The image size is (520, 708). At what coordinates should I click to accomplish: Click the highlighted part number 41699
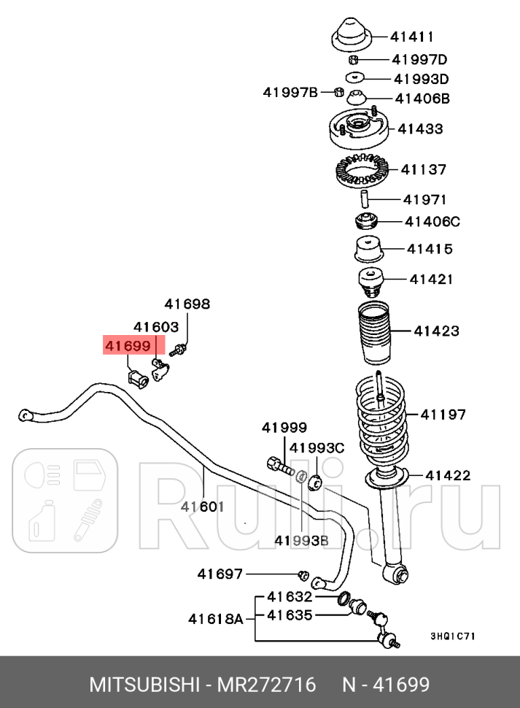tap(128, 345)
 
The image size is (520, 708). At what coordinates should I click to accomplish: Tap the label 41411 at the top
tap(412, 36)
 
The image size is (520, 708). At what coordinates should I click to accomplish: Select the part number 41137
tap(423, 169)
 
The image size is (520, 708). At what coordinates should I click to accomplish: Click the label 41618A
tap(215, 619)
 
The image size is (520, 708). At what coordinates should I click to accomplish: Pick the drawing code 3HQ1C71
tap(452, 636)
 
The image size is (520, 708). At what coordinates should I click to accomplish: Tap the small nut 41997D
tap(353, 59)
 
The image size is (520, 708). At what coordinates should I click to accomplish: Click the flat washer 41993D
tap(355, 77)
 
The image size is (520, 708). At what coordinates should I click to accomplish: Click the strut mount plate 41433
tap(357, 130)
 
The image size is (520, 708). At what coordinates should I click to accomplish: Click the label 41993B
tap(301, 540)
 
